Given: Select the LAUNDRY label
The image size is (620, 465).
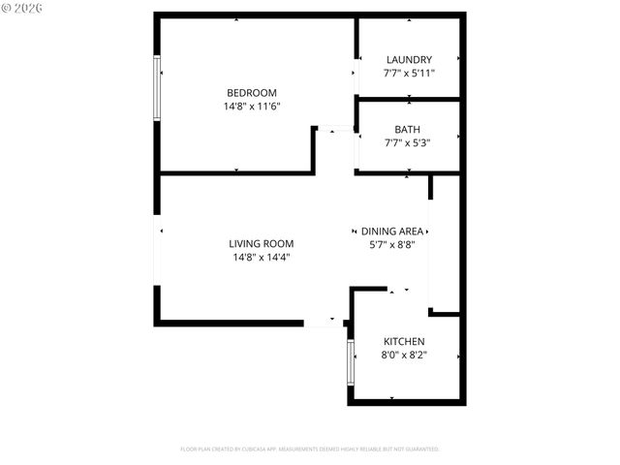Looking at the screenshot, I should click(409, 60).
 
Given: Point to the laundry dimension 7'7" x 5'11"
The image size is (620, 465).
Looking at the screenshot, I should click(409, 74).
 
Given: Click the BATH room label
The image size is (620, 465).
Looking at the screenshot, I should click(408, 130).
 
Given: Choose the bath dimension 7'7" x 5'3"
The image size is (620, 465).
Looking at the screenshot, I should click(408, 143).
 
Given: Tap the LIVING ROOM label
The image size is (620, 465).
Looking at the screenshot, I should click(262, 244).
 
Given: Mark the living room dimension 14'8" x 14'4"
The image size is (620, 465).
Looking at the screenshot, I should click(262, 258).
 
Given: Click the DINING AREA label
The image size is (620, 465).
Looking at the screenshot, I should click(392, 232).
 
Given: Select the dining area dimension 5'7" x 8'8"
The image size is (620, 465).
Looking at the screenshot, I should click(392, 245).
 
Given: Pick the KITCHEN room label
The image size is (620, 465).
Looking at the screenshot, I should click(404, 342).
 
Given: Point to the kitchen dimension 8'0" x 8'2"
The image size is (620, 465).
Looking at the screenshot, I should click(404, 356).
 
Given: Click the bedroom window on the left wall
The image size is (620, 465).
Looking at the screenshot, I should click(157, 87).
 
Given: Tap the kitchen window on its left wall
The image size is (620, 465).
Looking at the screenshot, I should click(351, 362).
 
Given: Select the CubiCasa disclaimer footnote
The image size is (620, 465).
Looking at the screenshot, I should click(310, 449).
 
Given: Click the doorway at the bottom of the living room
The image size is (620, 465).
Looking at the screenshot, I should click(325, 323).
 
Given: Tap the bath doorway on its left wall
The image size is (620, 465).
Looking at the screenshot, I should click(356, 151).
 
